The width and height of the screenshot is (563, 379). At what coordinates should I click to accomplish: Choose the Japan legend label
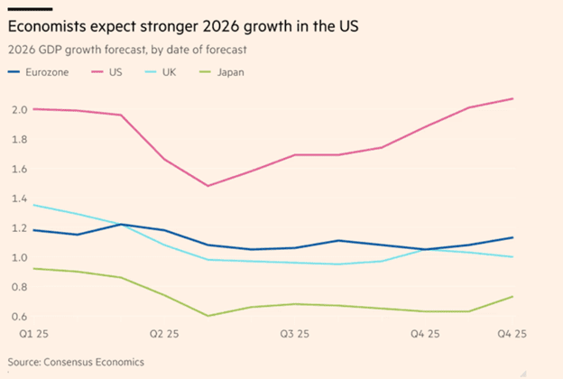[231, 71]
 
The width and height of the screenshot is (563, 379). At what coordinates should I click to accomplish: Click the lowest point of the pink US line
[208, 186]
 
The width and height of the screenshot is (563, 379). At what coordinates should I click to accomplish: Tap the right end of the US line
[513, 98]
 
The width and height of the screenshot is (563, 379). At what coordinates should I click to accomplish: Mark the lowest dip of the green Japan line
[208, 316]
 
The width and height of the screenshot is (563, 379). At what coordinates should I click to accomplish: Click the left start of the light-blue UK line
[33, 205]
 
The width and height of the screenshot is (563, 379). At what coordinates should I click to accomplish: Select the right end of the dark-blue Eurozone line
[513, 237]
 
